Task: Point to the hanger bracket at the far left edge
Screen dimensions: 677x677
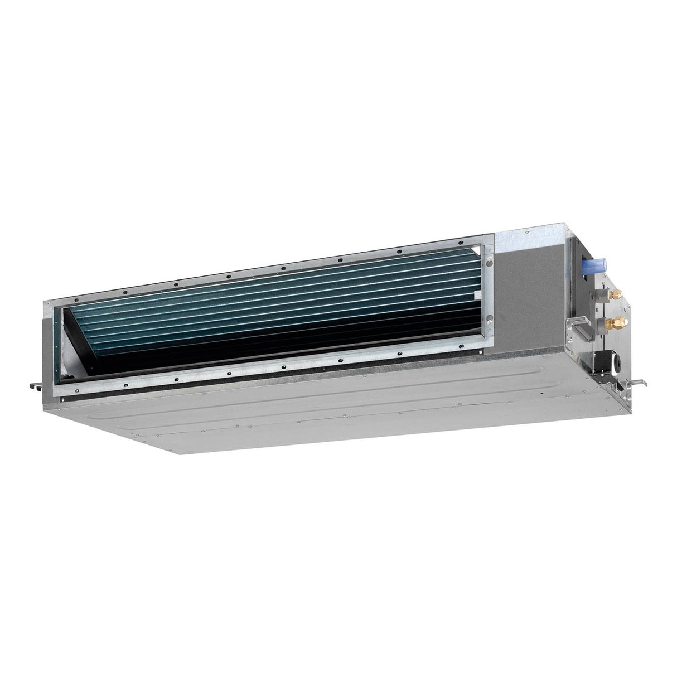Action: coord(33,385)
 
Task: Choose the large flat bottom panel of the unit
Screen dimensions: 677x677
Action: coord(335,413)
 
